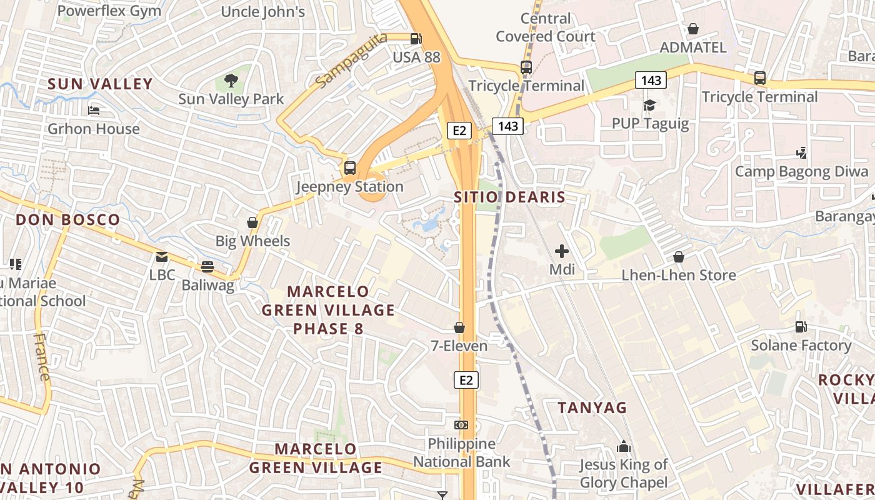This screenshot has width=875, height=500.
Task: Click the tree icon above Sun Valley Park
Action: click(x=231, y=80)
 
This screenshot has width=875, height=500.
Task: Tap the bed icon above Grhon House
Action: click(x=94, y=111)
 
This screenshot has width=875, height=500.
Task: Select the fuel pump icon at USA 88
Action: click(x=416, y=39)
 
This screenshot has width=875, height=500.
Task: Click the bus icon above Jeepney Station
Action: click(x=350, y=167)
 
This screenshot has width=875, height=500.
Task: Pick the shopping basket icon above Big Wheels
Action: click(x=252, y=222)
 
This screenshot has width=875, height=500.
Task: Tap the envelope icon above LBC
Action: click(x=162, y=256)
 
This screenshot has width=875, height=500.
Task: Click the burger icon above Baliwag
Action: click(x=207, y=267)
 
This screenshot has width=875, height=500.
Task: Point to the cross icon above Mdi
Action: click(x=562, y=251)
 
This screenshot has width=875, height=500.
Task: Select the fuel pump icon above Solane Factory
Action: click(x=801, y=326)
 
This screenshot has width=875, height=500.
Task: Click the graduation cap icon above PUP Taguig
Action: click(x=649, y=105)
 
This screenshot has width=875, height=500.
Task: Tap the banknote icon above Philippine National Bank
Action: click(x=461, y=425)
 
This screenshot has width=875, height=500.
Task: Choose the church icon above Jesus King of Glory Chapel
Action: click(x=623, y=446)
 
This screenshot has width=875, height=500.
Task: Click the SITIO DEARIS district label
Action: click(x=509, y=197)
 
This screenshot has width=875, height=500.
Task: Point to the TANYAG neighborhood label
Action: click(x=592, y=407)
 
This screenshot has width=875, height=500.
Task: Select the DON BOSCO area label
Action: click(x=67, y=220)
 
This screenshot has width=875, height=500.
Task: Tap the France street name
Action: click(x=42, y=357)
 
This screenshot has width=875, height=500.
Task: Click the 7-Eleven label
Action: click(x=459, y=345)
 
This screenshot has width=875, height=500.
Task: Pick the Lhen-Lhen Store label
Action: click(x=678, y=275)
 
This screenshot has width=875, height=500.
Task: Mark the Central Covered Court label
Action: click(x=546, y=27)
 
